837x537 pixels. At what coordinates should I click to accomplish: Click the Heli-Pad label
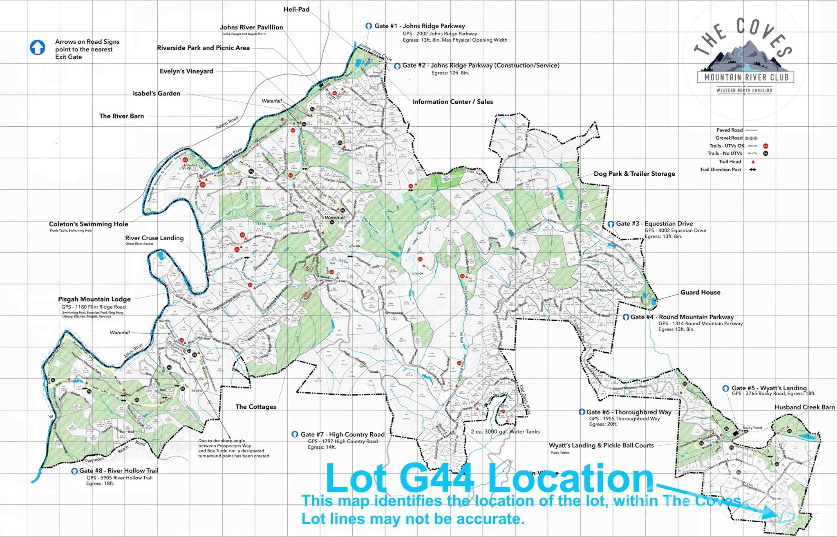tap(296, 9)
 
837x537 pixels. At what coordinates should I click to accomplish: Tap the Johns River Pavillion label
tap(251, 27)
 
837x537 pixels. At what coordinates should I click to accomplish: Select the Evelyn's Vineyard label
tap(186, 71)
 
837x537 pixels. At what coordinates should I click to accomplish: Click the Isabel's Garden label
tap(157, 93)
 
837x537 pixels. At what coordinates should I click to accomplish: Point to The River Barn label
tap(121, 116)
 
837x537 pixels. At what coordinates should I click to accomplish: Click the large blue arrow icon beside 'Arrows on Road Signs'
tap(38, 47)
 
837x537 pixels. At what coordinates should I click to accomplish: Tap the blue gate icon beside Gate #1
tap(368, 26)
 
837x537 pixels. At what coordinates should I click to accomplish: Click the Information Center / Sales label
tap(452, 102)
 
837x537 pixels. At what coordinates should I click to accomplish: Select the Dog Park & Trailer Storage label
tap(634, 174)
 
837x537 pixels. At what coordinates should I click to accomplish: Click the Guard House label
tap(700, 292)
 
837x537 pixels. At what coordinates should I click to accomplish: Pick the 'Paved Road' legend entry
tap(729, 130)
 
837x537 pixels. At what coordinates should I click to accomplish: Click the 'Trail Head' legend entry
tap(730, 161)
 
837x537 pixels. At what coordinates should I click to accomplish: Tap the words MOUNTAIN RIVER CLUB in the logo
tap(745, 77)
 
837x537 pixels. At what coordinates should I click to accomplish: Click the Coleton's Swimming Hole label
tap(88, 224)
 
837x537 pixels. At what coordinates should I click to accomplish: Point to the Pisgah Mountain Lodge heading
tap(94, 299)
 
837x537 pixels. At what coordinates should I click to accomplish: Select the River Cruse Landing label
tap(154, 238)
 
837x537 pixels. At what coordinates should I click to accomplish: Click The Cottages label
tap(255, 407)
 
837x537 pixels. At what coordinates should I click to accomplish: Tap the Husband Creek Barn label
tap(804, 407)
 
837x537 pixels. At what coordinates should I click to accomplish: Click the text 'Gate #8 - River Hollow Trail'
tap(119, 470)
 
